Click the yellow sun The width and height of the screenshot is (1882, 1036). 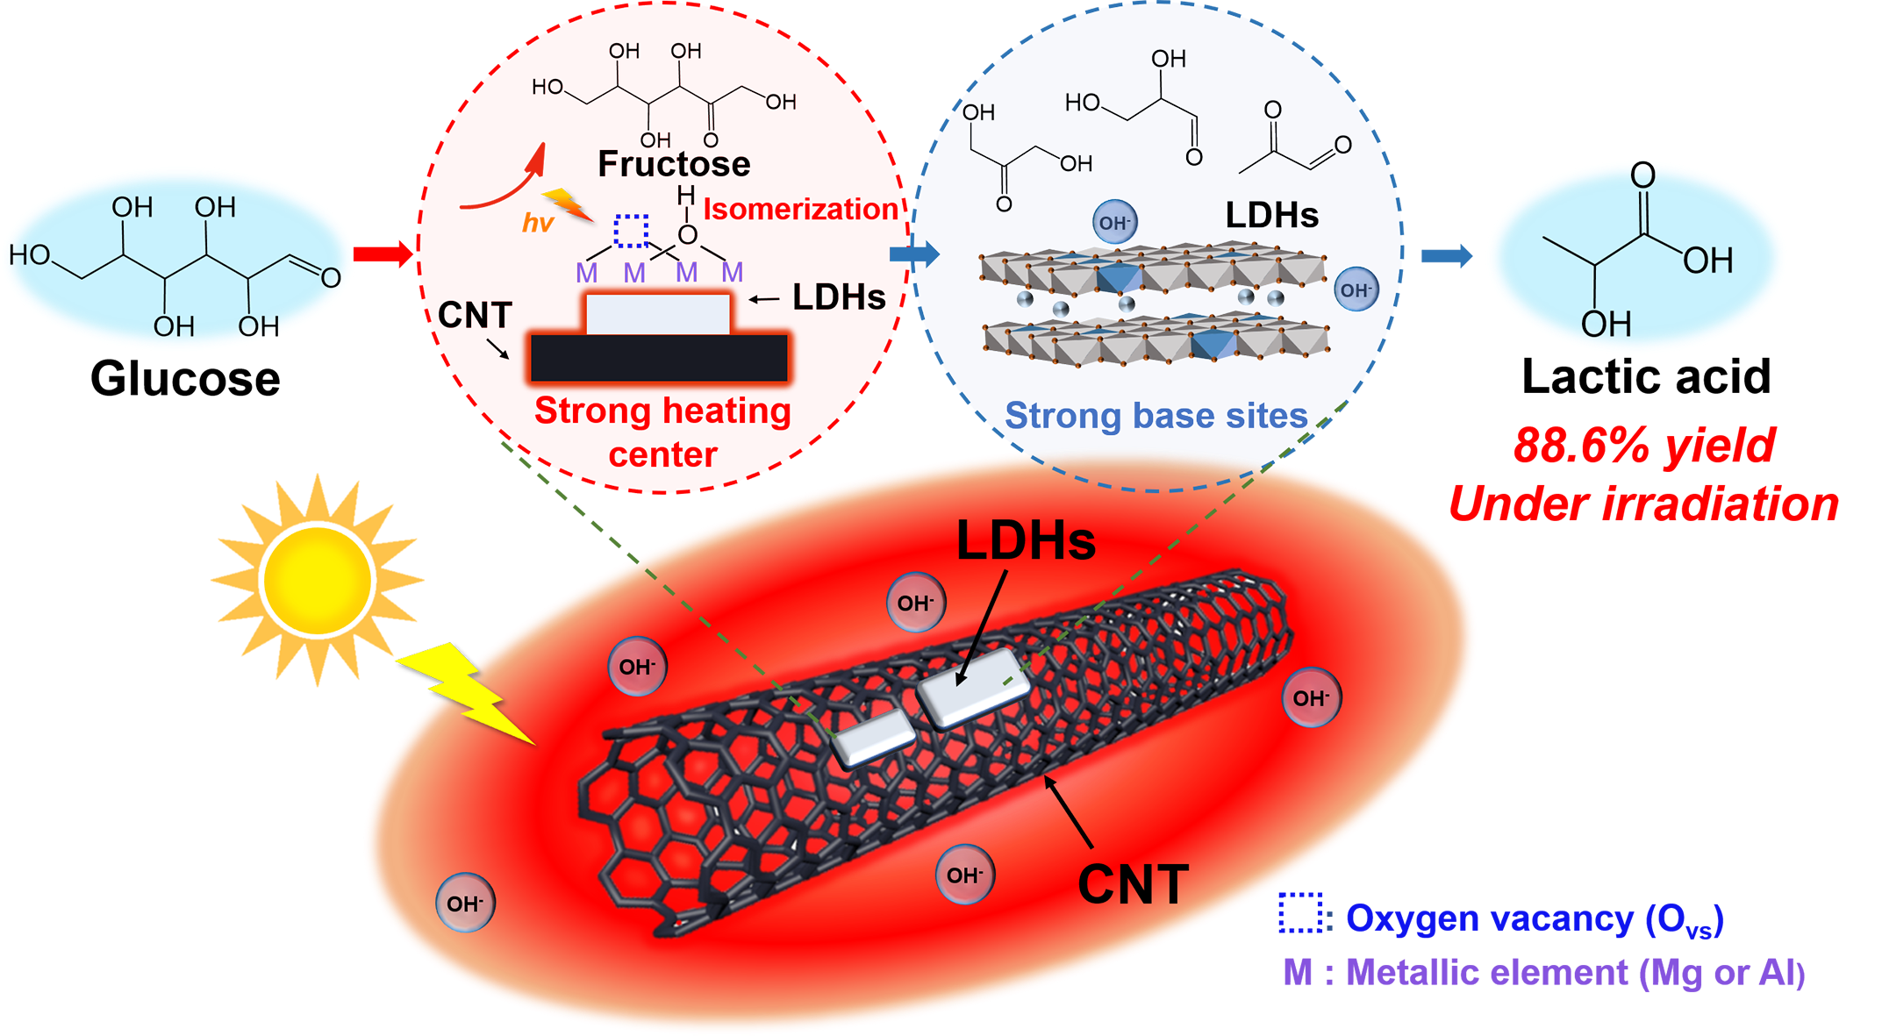point(318,580)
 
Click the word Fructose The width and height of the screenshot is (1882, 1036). point(673,164)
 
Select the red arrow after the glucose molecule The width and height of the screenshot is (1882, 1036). point(383,254)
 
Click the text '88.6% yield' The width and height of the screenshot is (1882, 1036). point(1643,446)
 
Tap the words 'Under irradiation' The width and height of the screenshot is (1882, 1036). point(1642,504)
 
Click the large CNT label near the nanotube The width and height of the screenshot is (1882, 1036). point(1133,884)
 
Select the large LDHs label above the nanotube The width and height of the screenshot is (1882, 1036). point(1026,540)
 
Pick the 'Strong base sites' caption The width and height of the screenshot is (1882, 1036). point(1156,416)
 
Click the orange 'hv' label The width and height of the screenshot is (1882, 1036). point(537,223)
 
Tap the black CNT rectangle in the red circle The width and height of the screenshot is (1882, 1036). point(658,358)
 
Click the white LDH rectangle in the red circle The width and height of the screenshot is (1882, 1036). point(658,314)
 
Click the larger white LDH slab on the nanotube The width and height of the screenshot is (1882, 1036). point(973,689)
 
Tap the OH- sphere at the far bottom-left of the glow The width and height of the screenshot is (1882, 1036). point(465,903)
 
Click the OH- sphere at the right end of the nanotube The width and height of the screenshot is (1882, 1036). point(1311,698)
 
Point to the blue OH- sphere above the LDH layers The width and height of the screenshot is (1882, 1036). point(1114,223)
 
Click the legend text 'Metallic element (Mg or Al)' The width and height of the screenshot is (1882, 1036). point(1544,973)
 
